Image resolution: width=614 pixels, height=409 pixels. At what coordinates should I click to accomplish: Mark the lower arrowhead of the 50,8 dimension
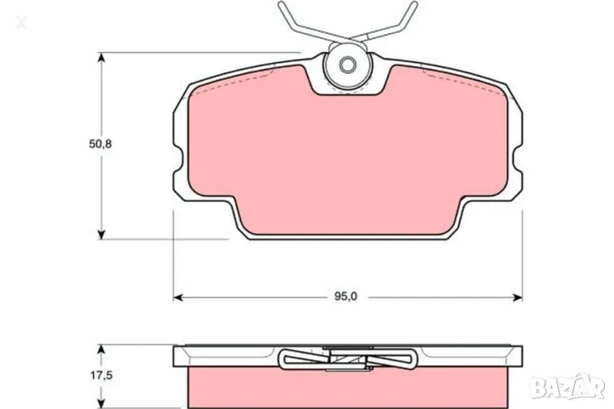tap(101, 233)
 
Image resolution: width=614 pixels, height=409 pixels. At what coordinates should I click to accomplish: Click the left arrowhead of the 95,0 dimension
tap(177, 296)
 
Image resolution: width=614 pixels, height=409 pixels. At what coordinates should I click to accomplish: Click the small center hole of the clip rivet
tap(348, 64)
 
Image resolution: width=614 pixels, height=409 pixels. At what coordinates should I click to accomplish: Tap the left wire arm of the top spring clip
tap(296, 23)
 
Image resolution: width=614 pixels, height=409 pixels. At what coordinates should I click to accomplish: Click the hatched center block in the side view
tap(348, 358)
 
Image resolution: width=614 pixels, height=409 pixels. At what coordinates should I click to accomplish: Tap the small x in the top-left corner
tap(21, 24)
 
